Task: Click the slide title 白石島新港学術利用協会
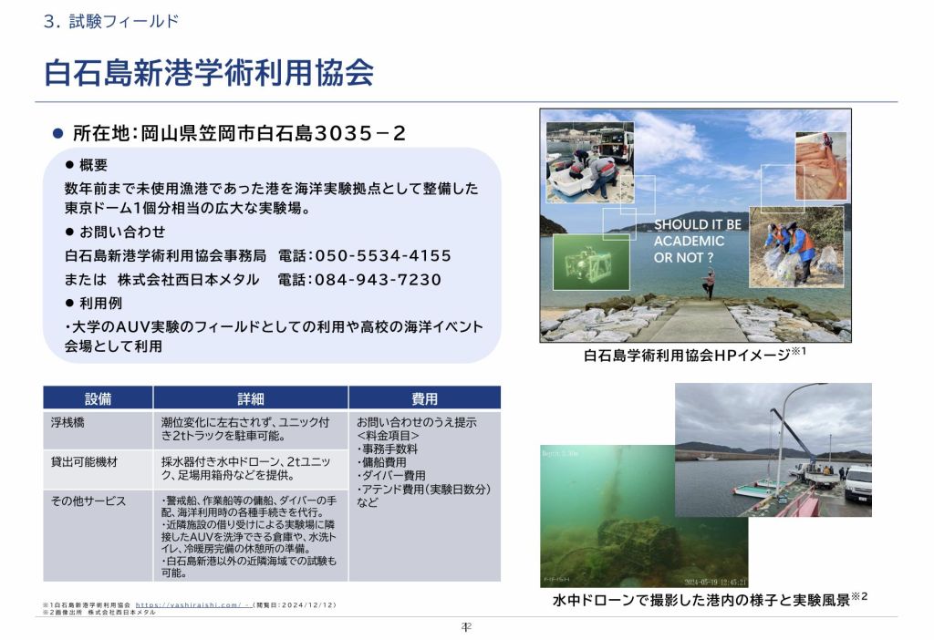(x=209, y=72)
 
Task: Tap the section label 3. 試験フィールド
(x=110, y=21)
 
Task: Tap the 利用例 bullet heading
(x=100, y=303)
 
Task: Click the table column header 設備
(x=98, y=398)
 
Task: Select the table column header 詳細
(x=250, y=398)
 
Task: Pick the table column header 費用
(x=424, y=398)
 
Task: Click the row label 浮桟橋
(x=68, y=423)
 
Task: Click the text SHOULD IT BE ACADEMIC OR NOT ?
(x=698, y=241)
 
